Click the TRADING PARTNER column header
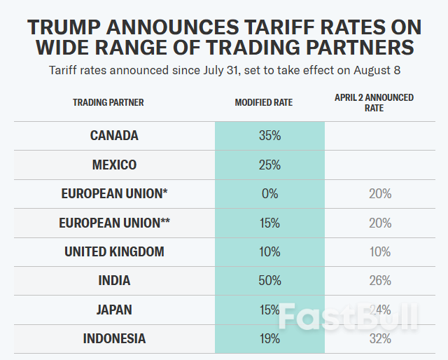tap(108, 102)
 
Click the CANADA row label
tap(114, 136)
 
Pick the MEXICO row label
tap(114, 165)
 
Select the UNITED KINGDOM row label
tap(114, 251)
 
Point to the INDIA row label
tap(114, 281)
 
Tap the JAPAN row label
tap(114, 310)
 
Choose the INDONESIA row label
tap(114, 339)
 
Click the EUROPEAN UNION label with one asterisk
tap(114, 194)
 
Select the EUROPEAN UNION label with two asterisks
tap(114, 223)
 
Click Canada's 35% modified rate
tap(269, 136)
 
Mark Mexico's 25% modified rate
tap(269, 165)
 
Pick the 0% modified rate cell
tap(269, 194)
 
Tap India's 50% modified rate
tap(269, 281)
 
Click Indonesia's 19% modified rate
tap(269, 339)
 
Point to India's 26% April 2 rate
tap(380, 281)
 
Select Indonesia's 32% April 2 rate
tap(380, 339)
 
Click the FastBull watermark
tap(347, 318)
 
